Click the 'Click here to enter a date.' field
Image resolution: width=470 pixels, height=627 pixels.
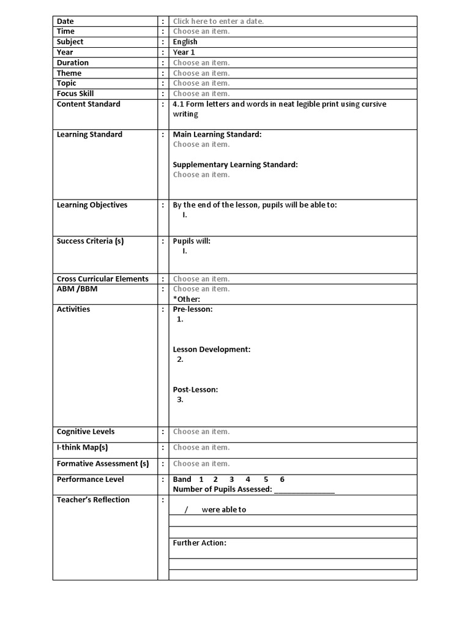[218, 21]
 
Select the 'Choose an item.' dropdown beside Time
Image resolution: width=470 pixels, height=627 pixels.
[201, 31]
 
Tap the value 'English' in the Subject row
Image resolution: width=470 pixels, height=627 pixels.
[185, 42]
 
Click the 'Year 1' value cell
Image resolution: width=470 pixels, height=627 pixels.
[184, 52]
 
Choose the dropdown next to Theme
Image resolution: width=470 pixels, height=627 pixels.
[201, 73]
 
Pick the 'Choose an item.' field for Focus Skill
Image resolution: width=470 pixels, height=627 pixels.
[201, 94]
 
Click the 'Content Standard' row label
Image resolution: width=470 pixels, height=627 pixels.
[88, 104]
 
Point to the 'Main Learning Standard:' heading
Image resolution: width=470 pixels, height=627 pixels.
[217, 134]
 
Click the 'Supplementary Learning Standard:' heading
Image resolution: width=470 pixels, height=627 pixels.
[235, 165]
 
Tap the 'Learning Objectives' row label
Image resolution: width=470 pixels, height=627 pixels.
[92, 205]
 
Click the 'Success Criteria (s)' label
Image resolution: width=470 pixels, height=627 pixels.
[90, 241]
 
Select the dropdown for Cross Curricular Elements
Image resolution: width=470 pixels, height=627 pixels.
[201, 279]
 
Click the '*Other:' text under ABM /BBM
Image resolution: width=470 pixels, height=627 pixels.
[187, 299]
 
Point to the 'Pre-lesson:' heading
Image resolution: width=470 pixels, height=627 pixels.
[193, 309]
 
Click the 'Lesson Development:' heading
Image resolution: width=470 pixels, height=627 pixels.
[211, 350]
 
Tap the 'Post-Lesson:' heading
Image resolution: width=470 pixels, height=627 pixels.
[195, 389]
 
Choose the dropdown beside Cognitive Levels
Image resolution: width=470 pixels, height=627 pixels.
[201, 432]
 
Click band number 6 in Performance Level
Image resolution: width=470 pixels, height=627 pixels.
[282, 479]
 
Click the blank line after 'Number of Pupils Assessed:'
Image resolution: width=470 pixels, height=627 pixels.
[304, 489]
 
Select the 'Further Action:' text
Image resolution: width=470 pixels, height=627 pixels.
[200, 543]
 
